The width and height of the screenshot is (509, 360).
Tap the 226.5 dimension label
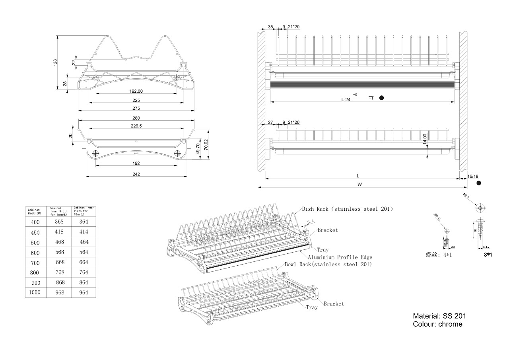pos(136,126)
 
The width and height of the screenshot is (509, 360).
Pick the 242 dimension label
pos(136,174)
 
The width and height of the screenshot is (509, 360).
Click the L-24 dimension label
pos(346,100)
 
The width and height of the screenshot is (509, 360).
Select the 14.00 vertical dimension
pos(425,138)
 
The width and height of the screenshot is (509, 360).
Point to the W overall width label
pos(359,184)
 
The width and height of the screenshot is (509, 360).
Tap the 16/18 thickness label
pos(473,176)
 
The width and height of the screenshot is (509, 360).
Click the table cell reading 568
pos(59,252)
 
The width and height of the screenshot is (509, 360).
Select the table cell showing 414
pos(84,232)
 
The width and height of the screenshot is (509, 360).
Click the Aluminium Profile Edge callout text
pos(340,257)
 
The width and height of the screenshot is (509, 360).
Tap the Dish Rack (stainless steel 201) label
pos(347,209)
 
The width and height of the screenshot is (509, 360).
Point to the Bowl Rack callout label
pos(328,264)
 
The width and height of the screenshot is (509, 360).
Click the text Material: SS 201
pos(439,316)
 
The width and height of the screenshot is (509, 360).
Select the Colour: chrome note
pos(437,324)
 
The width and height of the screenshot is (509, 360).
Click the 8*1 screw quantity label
pos(488,255)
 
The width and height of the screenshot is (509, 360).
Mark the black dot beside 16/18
pos(479,183)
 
